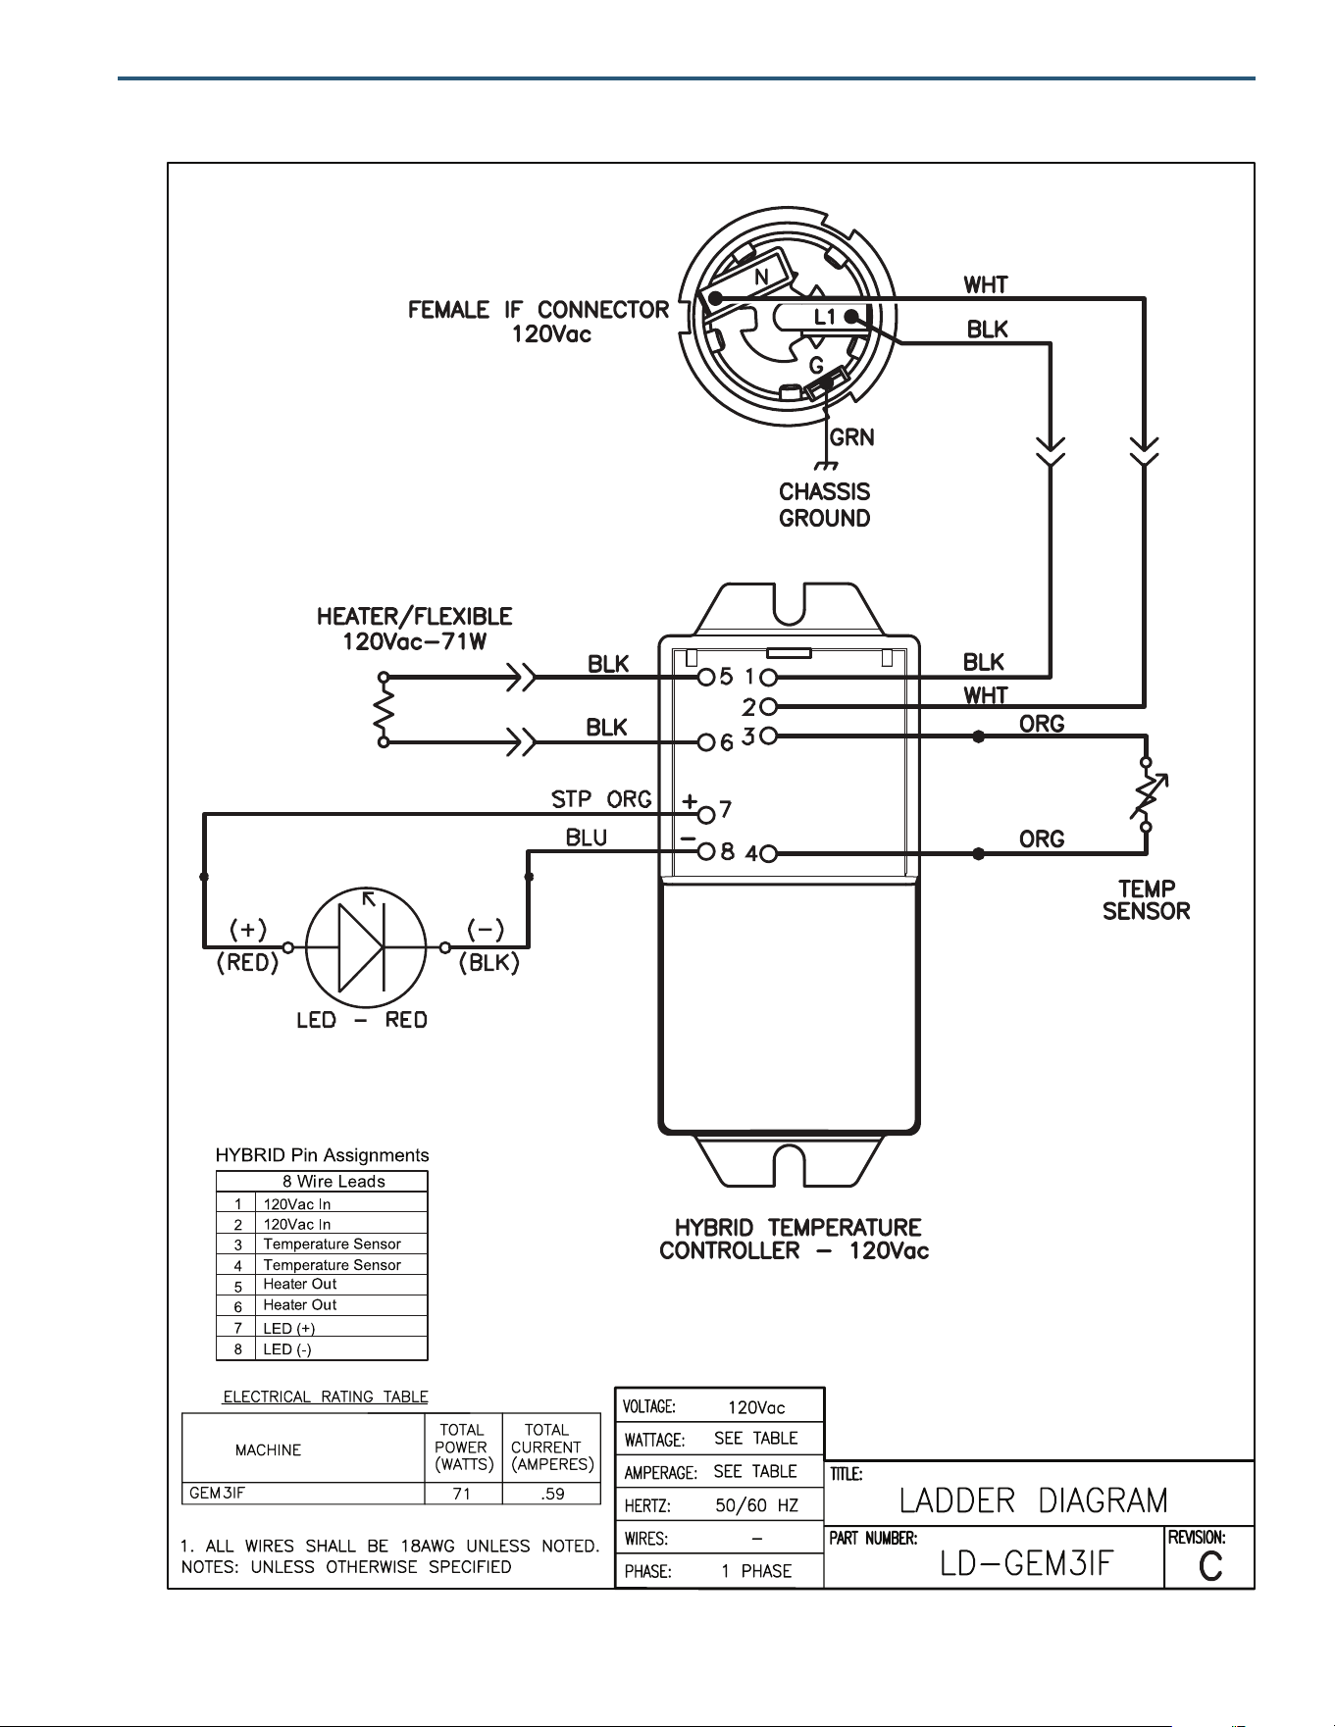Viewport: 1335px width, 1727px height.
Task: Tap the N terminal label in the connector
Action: coord(761,279)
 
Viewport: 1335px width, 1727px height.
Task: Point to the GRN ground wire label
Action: coord(852,437)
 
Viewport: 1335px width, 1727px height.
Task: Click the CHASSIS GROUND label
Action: coord(825,505)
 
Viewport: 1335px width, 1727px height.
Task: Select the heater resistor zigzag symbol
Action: coord(384,710)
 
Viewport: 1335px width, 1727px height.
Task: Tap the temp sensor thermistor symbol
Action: coord(1146,795)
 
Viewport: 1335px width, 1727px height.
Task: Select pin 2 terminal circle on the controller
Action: coord(769,706)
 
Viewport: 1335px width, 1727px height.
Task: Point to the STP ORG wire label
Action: coord(601,799)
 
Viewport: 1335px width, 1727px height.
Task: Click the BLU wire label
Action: coord(587,838)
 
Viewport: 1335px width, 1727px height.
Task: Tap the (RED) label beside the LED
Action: coord(248,963)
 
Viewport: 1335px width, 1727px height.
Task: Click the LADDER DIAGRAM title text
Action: coord(1034,1500)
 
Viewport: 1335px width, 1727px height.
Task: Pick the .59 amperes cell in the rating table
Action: coord(551,1495)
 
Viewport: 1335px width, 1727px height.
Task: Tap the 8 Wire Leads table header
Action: coord(334,1182)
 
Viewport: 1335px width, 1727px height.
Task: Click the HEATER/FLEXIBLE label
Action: coord(414,617)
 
